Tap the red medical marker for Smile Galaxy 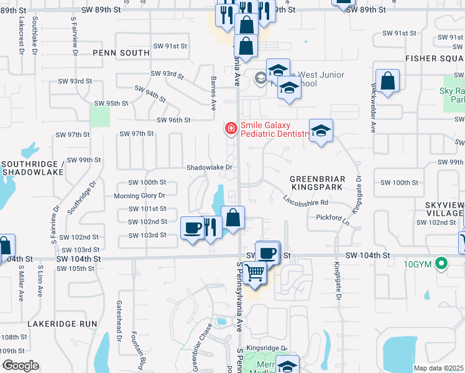click(231, 129)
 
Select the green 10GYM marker click(441, 264)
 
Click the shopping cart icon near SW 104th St click(254, 272)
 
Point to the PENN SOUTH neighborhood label click(121, 53)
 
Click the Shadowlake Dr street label click(209, 167)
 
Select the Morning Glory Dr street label click(139, 195)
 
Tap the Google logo click(21, 366)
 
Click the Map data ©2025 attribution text click(439, 368)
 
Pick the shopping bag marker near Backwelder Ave click(387, 81)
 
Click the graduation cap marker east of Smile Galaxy click(321, 131)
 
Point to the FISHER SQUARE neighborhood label click(435, 58)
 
